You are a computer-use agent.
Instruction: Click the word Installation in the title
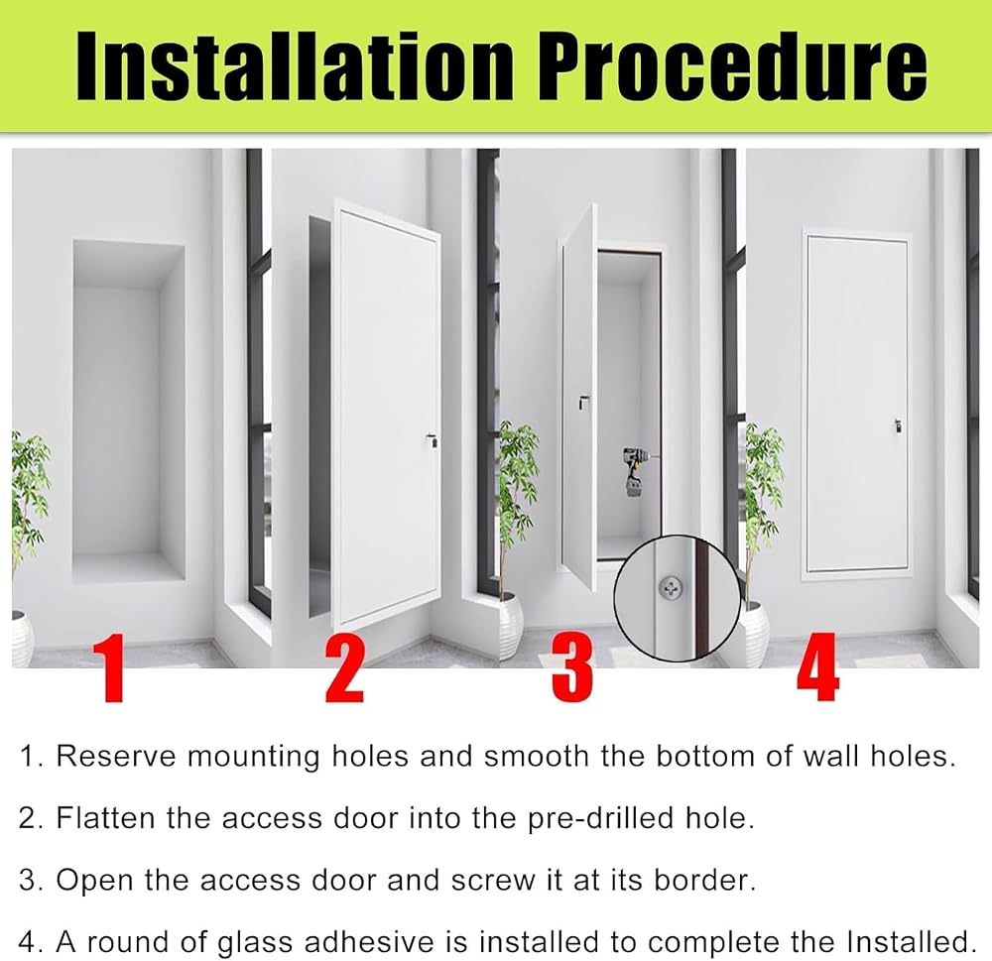295,65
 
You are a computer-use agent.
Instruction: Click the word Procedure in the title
732,65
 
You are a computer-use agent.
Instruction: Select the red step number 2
345,669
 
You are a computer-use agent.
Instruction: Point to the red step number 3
572,669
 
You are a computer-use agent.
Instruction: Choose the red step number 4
817,668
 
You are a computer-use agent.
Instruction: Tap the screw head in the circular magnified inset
671,588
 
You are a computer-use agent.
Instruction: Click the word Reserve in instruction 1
116,756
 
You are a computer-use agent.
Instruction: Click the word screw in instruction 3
493,881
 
